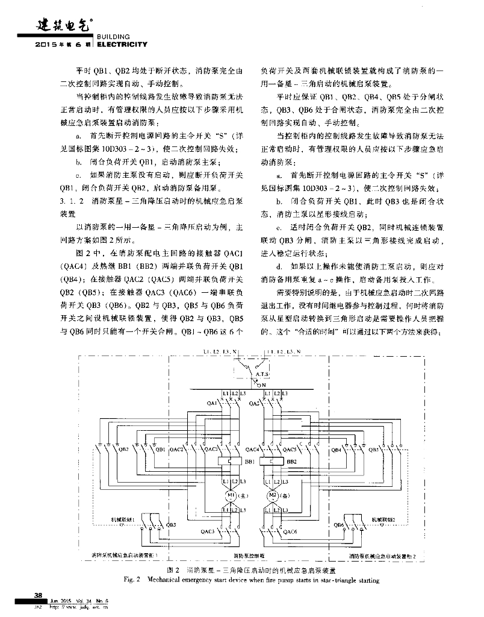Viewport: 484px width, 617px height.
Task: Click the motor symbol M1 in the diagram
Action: point(231,496)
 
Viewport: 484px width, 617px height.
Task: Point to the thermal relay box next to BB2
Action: point(273,462)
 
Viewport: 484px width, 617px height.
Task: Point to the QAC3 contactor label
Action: point(207,531)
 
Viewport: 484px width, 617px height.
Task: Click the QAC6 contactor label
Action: point(290,531)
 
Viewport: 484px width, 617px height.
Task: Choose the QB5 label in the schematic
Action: point(373,449)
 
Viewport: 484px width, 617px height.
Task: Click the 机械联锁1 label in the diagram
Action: point(122,518)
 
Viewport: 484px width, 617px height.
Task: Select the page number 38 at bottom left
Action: point(37,595)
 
